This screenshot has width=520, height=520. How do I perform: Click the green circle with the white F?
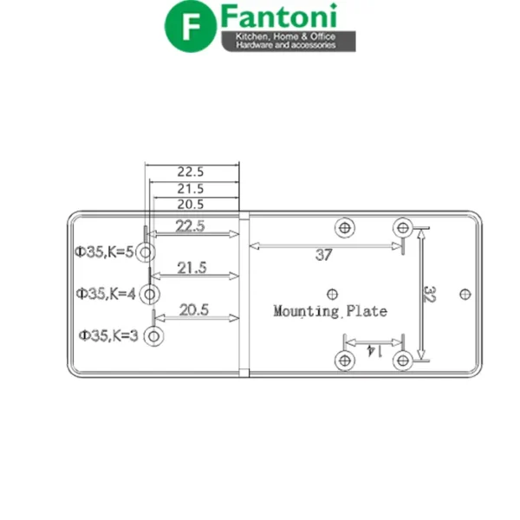(191, 26)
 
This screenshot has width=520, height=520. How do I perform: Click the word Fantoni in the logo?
(279, 16)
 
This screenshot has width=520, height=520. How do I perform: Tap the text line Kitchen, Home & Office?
(285, 36)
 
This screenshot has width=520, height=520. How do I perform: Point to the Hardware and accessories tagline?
(285, 45)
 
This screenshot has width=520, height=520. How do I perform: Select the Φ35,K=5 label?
(104, 252)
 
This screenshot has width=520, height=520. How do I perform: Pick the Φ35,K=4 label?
(106, 294)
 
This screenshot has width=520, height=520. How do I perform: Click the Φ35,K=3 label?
(108, 335)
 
